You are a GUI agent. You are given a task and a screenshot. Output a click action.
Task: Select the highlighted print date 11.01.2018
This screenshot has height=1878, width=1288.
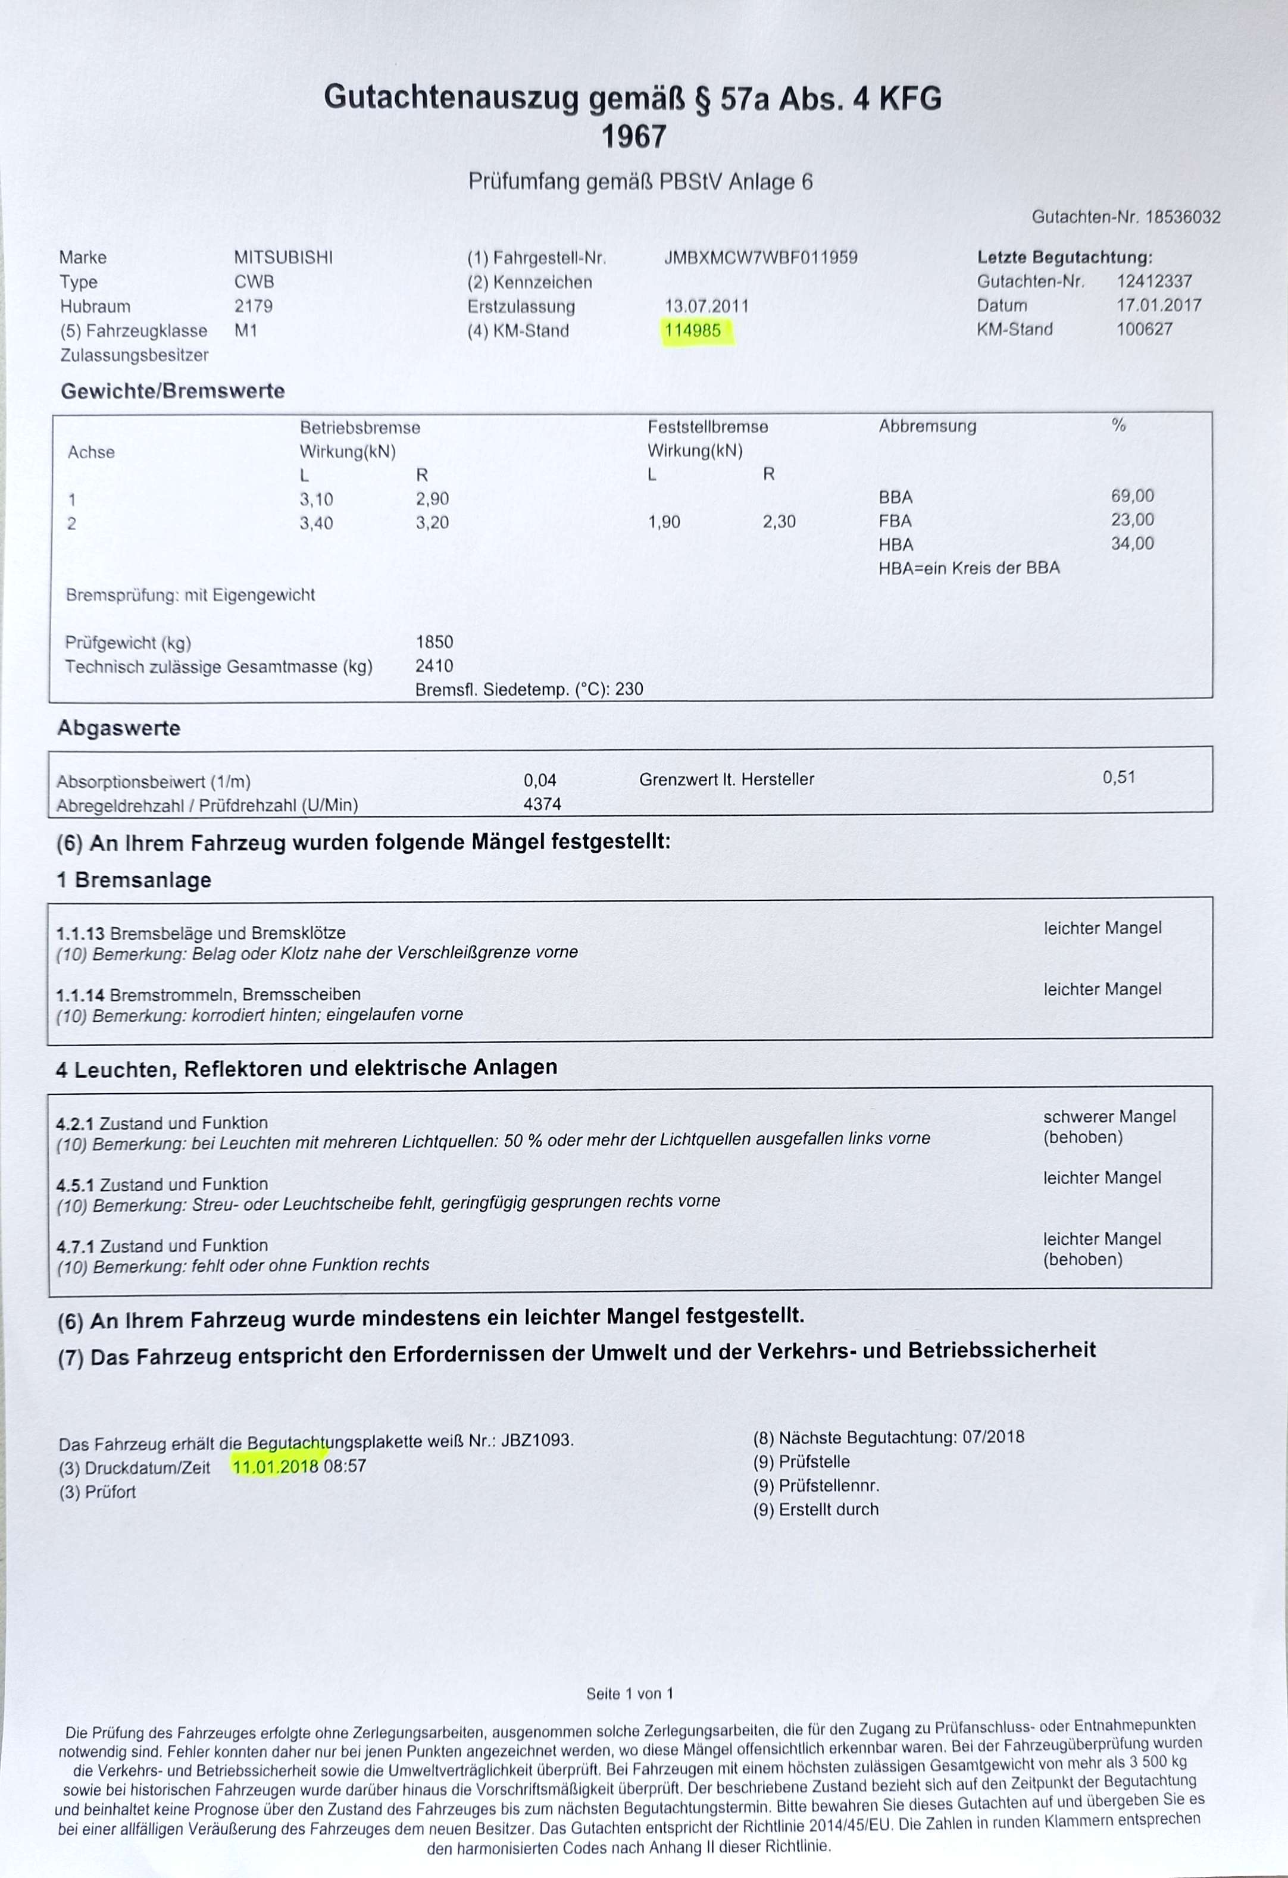coord(275,1466)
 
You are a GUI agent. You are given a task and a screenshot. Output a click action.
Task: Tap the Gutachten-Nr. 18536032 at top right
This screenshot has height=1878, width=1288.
coord(1182,217)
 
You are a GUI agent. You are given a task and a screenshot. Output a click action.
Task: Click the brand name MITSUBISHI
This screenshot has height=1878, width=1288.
coord(283,258)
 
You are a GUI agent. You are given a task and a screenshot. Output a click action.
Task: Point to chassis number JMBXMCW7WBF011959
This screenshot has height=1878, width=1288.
coord(760,258)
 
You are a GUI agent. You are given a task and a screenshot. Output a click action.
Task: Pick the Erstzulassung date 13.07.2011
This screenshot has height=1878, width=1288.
coord(706,306)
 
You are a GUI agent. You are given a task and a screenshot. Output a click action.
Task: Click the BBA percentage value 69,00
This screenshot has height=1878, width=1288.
coord(1132,496)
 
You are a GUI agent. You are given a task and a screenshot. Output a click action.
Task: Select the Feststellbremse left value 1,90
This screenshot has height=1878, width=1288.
coord(664,522)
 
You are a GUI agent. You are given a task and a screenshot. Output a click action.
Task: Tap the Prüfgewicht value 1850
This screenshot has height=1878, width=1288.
coord(434,643)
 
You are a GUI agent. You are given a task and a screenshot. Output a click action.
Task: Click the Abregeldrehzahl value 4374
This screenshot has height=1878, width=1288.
coord(542,804)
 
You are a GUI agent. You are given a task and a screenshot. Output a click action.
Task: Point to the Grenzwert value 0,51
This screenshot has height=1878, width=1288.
coord(1119,777)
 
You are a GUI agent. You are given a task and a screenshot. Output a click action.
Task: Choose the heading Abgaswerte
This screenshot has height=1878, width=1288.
coord(119,728)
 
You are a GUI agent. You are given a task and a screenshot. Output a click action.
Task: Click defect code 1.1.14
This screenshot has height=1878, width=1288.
coord(80,995)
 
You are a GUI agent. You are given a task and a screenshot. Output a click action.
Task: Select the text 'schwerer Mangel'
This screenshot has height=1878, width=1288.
coord(1109,1117)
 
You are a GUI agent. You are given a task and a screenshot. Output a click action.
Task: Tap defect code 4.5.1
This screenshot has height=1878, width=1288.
coord(75,1185)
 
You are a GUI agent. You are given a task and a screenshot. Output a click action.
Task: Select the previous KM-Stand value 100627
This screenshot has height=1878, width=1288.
coord(1144,329)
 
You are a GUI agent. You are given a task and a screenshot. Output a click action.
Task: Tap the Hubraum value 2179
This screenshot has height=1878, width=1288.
coord(253,306)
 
